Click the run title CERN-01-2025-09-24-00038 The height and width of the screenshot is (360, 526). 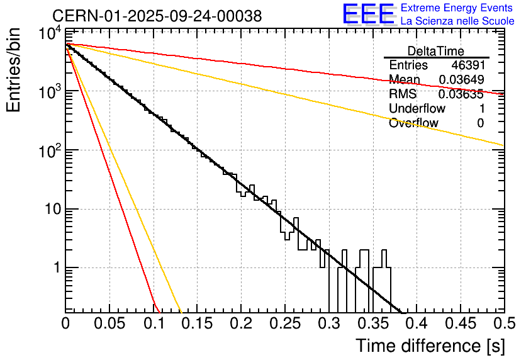pos(157,16)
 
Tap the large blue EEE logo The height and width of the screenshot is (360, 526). pos(368,14)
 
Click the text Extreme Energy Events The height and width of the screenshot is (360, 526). pos(457,8)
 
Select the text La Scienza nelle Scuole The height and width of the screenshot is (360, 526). pos(457,21)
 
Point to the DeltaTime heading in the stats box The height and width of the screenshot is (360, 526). pos(436,51)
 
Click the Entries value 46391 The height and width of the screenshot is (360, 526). pos(467,65)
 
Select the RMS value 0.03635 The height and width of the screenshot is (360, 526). pos(461,94)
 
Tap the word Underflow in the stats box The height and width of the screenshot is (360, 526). pos(417,109)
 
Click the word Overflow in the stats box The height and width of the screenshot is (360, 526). pos(413,123)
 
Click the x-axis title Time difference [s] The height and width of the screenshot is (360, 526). pos(429,346)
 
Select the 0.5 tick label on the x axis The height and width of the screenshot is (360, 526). pos(503,324)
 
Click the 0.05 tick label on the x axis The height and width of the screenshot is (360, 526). pos(109,324)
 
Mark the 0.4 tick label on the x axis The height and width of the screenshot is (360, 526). pos(416,324)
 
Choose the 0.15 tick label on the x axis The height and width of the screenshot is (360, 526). pos(197,324)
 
